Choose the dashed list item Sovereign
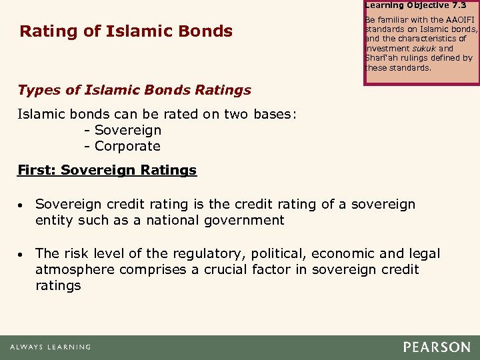[127, 130]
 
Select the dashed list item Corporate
[127, 146]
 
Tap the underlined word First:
[37, 170]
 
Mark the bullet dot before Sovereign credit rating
[23, 205]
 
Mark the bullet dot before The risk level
[23, 254]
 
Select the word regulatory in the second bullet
[197, 253]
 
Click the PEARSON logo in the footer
[436, 347]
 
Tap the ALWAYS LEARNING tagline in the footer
[50, 347]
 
